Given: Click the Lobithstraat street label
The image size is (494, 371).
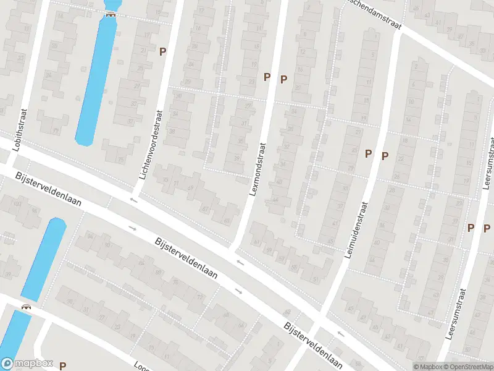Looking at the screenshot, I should coord(25,128).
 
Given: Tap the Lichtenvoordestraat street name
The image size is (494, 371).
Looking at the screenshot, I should coord(151,145).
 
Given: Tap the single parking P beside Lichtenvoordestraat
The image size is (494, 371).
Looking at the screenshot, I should coord(163,53).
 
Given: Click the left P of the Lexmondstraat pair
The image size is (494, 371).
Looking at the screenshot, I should coord(267,77).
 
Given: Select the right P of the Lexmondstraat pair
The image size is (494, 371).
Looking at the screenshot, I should coord(284,79).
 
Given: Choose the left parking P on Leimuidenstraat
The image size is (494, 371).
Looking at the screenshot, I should coord(369,154).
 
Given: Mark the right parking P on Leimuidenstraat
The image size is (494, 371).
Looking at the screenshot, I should coord(385,156).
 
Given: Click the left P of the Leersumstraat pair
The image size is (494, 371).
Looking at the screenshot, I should coord(471,228).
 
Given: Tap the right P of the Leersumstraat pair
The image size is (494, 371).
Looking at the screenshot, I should coord(487,228).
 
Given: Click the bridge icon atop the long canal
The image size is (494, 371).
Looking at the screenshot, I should coord(111,14).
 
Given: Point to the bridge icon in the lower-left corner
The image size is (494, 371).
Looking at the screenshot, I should coord(26,306).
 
